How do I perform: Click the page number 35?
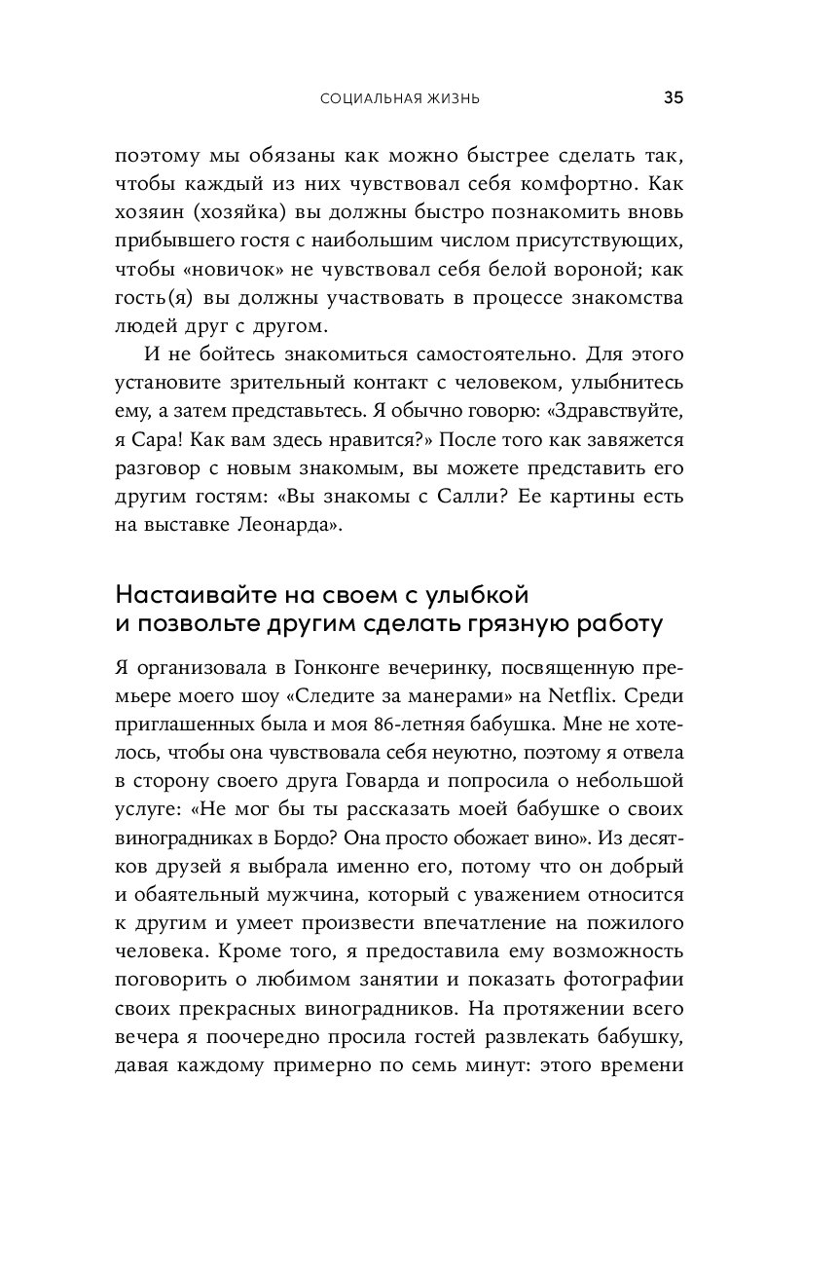[674, 97]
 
